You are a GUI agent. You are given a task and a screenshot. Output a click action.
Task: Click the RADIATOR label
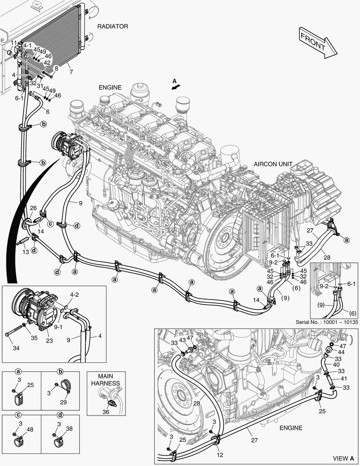click(x=113, y=26)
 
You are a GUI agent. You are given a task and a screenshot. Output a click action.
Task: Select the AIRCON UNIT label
click(x=273, y=164)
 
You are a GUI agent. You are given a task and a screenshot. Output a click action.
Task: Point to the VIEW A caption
click(x=343, y=458)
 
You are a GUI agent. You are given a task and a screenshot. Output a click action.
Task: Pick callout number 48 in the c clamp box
click(x=30, y=429)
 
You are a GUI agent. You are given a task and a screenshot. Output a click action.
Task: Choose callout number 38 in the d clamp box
click(x=69, y=429)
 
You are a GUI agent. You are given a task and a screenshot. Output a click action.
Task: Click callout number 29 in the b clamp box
click(x=63, y=402)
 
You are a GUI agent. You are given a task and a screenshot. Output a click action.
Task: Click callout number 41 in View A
click(x=343, y=378)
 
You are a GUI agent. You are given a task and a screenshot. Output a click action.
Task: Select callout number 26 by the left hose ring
click(x=33, y=208)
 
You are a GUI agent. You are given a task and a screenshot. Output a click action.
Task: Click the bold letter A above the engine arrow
click(x=174, y=81)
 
